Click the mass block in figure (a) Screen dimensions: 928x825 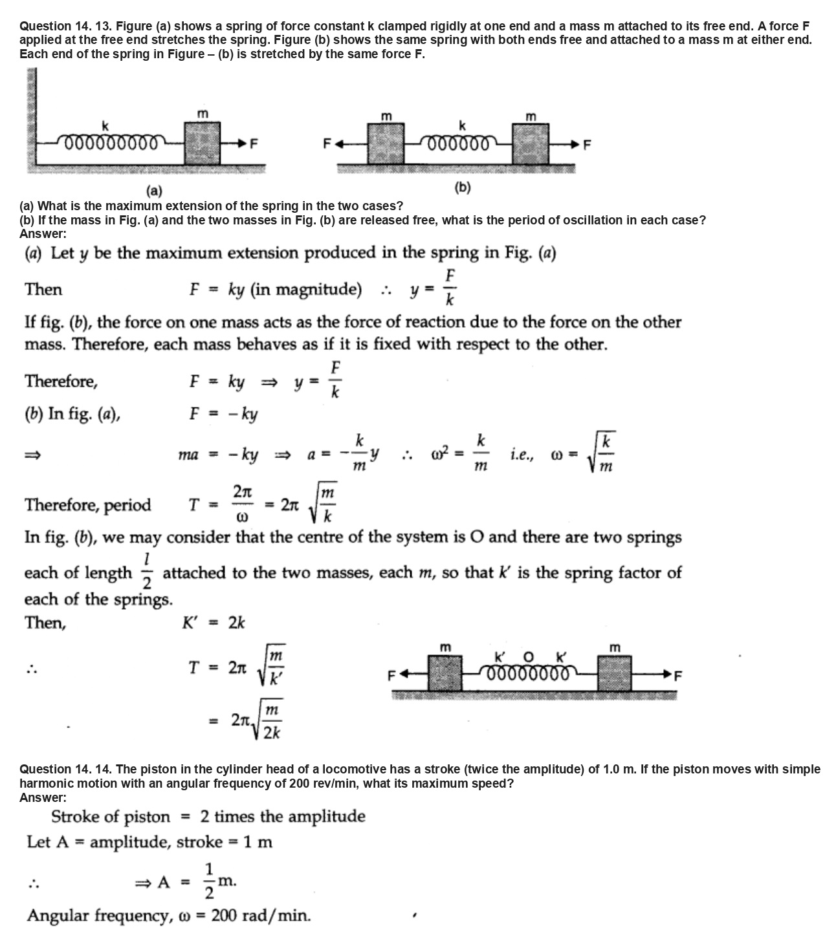coord(203,143)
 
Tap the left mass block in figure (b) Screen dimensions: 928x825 coord(386,143)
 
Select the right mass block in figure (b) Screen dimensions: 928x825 coord(531,143)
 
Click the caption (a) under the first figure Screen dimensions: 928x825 coord(154,191)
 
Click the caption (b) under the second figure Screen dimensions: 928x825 coord(462,188)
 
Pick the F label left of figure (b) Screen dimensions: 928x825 coord(327,143)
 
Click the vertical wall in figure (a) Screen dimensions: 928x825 coord(31,120)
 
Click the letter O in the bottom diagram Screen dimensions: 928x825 coord(528,658)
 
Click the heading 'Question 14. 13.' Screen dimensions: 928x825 coord(65,27)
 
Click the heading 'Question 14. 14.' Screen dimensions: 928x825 coord(65,769)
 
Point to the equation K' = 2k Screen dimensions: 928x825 coord(214,623)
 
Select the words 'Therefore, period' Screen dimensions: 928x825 coord(87,505)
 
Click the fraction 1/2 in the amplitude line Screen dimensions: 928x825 coord(209,881)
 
